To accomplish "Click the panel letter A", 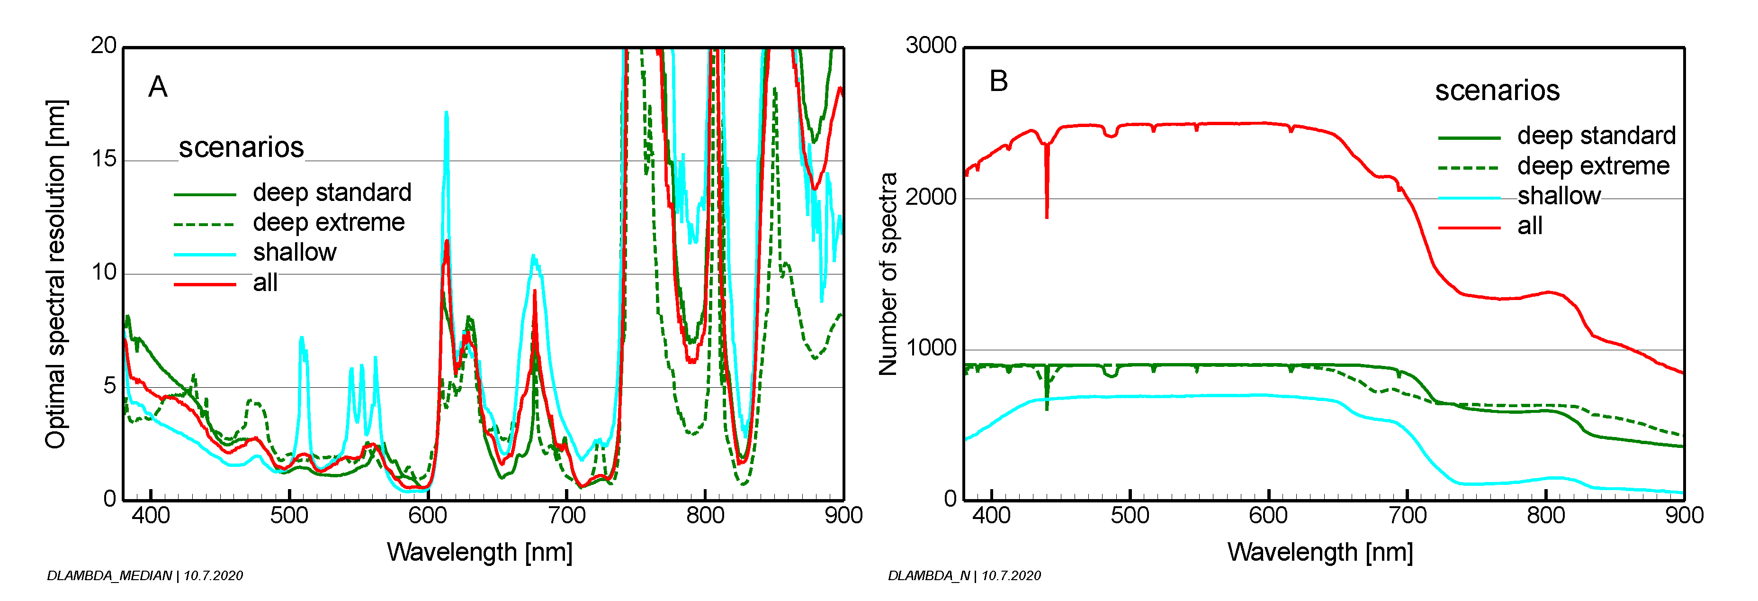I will [x=158, y=87].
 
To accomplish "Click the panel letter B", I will [x=998, y=81].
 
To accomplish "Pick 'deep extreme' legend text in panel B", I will [x=1593, y=166].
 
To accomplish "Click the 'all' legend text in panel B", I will [x=1529, y=226].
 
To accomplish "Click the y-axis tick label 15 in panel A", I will [x=104, y=159].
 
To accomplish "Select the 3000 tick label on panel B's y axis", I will [x=930, y=46].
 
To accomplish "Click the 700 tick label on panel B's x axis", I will [x=1407, y=516].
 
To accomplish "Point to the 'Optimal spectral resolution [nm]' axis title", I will [x=56, y=273].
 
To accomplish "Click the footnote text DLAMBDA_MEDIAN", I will [x=109, y=576].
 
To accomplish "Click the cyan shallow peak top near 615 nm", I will [x=446, y=113].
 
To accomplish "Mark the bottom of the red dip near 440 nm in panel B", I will [x=1046, y=217].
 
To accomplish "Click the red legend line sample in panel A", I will [x=205, y=284].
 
